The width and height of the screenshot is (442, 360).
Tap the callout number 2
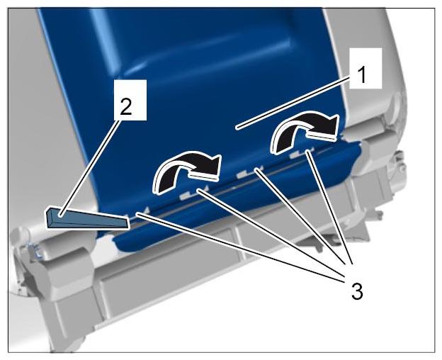tap(126, 107)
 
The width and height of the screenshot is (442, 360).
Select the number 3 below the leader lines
tap(357, 291)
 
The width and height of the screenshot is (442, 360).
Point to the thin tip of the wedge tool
tap(128, 222)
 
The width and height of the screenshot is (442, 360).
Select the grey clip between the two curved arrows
tap(244, 174)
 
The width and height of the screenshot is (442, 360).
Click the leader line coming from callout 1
tap(294, 103)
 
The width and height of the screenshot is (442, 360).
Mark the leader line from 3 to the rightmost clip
tap(330, 208)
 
